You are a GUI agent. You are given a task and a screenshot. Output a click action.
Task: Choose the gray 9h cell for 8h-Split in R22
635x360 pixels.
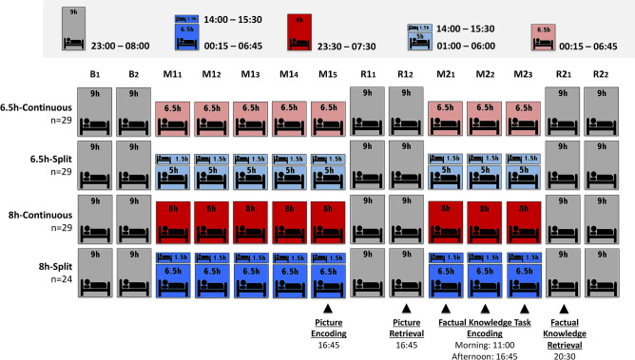[601, 271]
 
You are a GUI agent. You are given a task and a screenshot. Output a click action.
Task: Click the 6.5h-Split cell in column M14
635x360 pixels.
[290, 162]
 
